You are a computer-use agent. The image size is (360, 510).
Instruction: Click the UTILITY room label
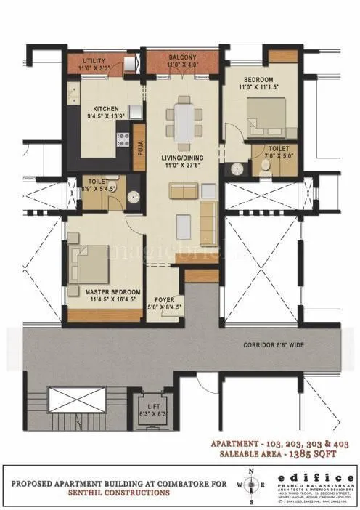pos(95,60)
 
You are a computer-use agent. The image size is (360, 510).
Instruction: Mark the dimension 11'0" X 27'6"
pos(184,167)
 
